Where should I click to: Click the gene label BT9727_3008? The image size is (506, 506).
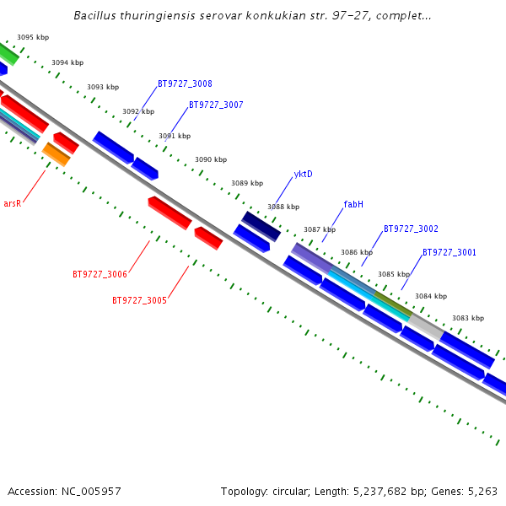point(185,84)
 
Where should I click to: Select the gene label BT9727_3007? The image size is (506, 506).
point(216,105)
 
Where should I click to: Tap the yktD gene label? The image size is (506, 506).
point(303,175)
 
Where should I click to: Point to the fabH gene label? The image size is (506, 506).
point(353,205)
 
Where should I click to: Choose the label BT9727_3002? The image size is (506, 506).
point(411,229)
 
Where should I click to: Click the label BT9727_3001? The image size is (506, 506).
point(449,253)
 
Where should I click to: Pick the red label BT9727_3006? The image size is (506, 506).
point(100,275)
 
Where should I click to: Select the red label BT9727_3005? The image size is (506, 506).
point(139,300)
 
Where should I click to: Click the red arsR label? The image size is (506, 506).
point(12,204)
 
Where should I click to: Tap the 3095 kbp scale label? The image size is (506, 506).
point(33,38)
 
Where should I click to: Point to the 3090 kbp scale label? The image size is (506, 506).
point(211,159)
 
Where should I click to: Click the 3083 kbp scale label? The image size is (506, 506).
point(468,319)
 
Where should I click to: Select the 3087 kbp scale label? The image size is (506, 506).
point(320,229)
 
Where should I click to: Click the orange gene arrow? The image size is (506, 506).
point(57,154)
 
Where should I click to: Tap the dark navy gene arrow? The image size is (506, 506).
point(261,226)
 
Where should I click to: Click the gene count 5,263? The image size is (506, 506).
point(482,491)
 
